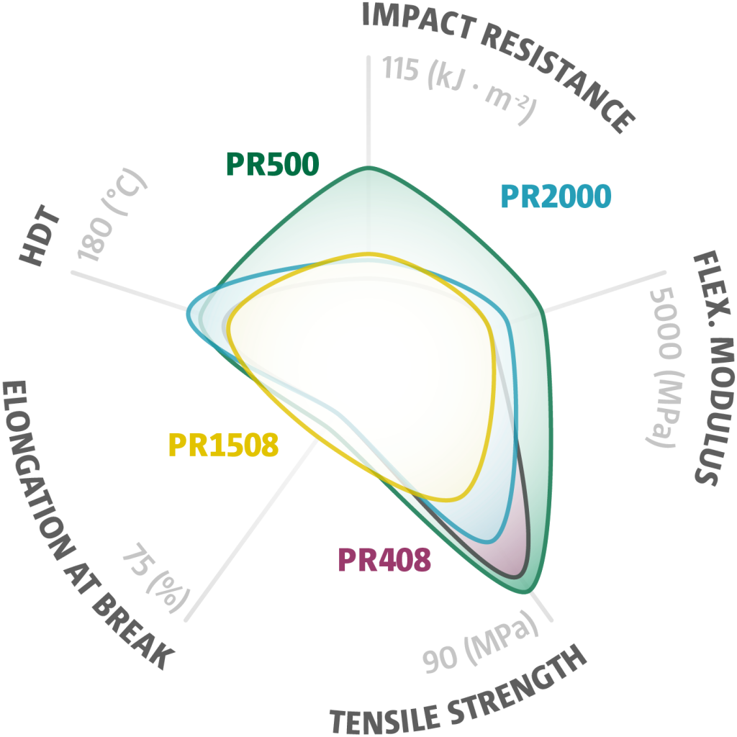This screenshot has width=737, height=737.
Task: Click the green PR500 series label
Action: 273,164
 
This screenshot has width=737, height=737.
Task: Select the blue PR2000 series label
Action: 556,196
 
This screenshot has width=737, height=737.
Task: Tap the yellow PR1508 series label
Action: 223,445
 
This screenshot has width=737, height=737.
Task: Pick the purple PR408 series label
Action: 384,560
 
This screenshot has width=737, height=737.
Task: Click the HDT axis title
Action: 40,235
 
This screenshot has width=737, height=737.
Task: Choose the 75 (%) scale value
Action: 156,578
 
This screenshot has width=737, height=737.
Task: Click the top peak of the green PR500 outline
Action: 368,167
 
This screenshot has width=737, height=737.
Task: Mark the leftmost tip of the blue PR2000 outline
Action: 188,314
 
